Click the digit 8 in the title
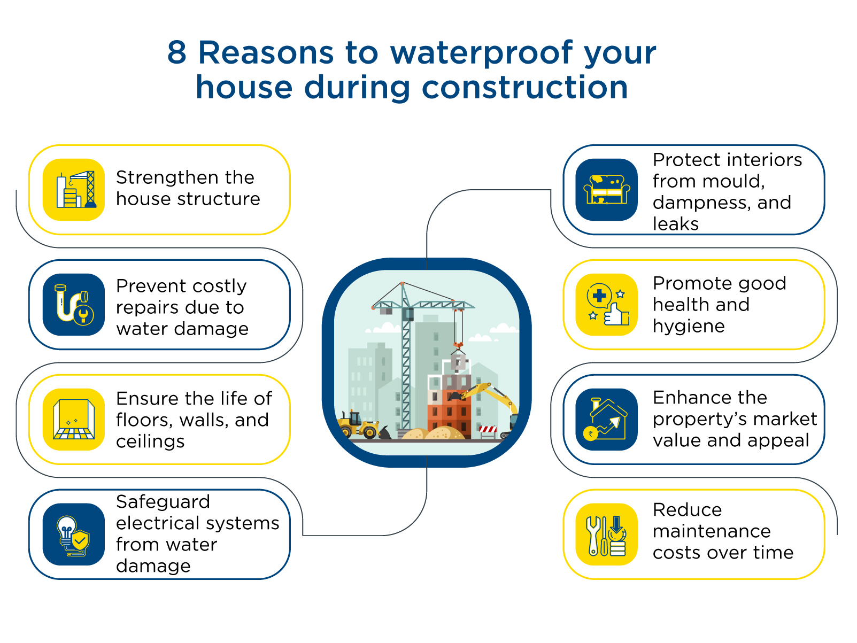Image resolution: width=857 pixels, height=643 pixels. coord(176,52)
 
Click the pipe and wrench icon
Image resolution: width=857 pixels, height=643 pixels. coord(74,304)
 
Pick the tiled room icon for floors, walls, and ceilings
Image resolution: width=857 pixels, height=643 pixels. coord(74,420)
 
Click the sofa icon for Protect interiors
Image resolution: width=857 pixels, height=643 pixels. coord(606,190)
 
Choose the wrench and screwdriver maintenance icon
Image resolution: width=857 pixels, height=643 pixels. coord(606,534)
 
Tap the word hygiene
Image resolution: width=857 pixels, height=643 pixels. coord(689,326)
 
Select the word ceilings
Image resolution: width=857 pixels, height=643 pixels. coord(150,441)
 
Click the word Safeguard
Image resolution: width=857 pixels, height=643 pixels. coord(163,502)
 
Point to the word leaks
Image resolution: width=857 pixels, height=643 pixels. coord(675,224)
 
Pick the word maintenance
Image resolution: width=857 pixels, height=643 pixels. coord(712,531)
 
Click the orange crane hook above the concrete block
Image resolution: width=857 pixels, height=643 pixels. coord(458,345)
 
